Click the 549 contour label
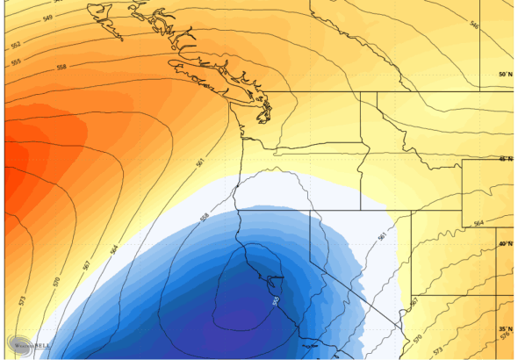[47, 18]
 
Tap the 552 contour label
[17, 44]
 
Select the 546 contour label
[474, 25]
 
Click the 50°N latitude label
[504, 75]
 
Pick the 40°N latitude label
[505, 243]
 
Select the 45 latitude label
[504, 159]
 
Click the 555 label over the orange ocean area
[17, 62]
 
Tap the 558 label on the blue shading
[205, 216]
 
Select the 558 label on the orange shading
[61, 68]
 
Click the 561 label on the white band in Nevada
[382, 236]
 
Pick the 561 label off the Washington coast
[200, 163]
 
